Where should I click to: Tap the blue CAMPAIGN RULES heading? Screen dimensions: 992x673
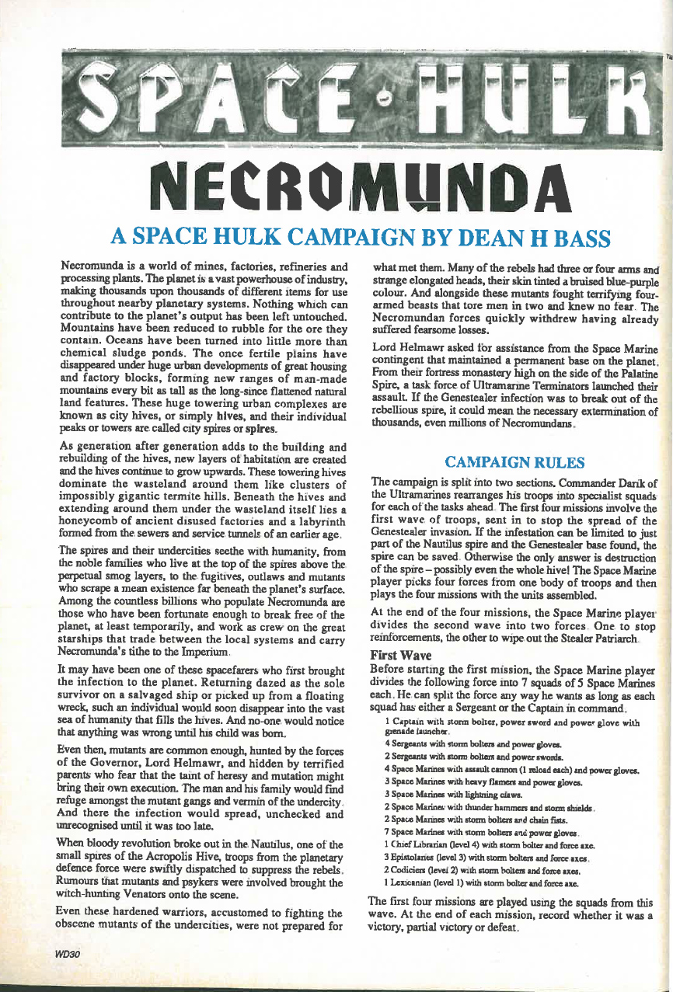pos(514,462)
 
